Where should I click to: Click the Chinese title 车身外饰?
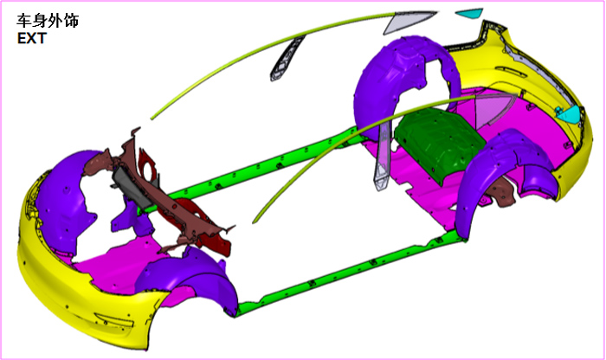point(48,21)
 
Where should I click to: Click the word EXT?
point(32,39)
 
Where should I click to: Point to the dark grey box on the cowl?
point(132,187)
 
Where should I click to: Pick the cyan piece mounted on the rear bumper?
point(569,114)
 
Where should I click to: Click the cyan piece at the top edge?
point(470,13)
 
